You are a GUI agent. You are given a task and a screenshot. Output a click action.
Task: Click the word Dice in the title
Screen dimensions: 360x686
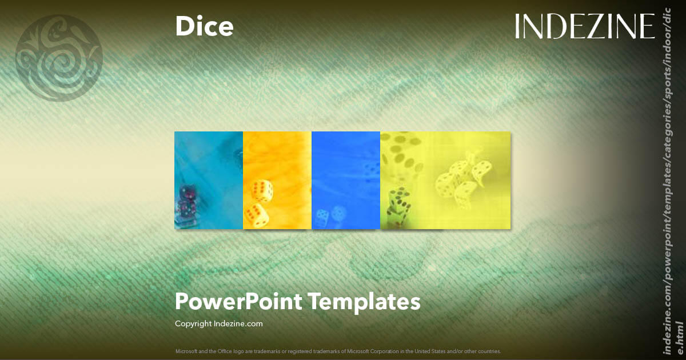(x=204, y=27)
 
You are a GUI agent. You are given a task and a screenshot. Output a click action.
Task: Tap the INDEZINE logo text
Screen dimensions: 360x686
(x=584, y=26)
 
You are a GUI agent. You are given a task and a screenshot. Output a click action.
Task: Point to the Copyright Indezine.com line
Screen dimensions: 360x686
(x=218, y=323)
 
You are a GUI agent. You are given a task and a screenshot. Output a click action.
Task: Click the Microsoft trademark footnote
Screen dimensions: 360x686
(x=338, y=351)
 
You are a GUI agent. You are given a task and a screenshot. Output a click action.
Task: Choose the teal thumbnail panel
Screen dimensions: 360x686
(x=209, y=180)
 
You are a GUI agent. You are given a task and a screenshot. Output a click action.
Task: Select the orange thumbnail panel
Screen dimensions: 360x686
(x=277, y=180)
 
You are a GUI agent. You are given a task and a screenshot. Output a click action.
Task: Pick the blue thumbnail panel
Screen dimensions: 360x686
(x=346, y=180)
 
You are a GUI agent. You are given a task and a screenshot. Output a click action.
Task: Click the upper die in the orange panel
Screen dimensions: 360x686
(x=262, y=190)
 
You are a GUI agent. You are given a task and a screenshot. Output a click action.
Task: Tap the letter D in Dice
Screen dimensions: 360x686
(x=184, y=27)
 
